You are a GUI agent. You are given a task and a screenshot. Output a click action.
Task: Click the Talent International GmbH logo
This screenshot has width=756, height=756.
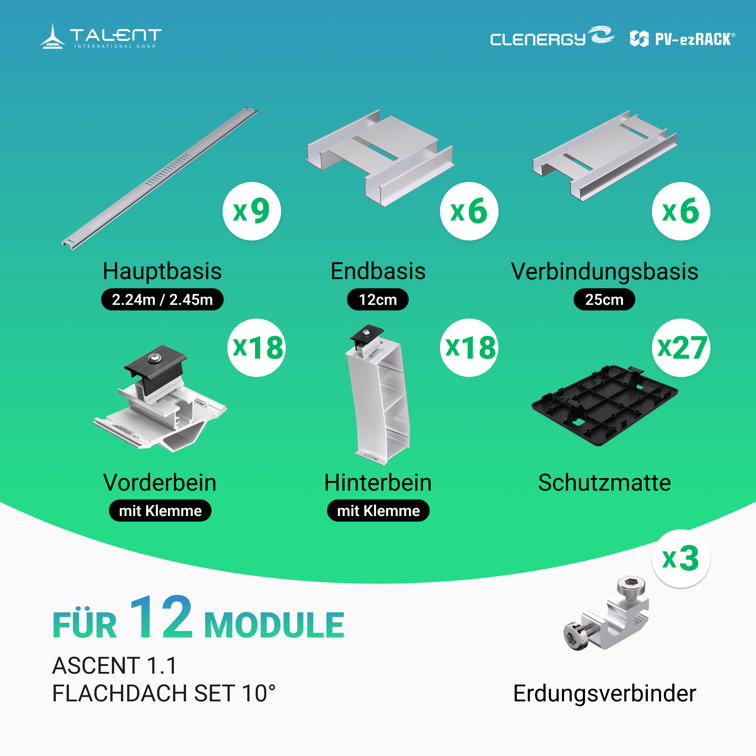(100, 37)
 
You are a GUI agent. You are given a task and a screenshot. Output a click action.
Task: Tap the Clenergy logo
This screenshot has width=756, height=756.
(552, 37)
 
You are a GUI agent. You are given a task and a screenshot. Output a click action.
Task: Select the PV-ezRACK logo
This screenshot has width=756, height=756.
(683, 39)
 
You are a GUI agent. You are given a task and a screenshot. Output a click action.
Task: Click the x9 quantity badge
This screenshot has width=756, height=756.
(252, 211)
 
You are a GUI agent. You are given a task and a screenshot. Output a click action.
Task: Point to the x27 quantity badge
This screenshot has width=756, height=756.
(681, 347)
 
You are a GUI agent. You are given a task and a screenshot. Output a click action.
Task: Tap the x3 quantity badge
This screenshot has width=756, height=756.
(681, 559)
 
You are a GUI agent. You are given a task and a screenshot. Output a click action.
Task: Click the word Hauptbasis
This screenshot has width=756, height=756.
(162, 271)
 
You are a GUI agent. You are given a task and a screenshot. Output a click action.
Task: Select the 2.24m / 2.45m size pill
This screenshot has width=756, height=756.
(162, 299)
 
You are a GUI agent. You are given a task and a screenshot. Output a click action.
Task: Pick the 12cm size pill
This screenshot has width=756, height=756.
(378, 299)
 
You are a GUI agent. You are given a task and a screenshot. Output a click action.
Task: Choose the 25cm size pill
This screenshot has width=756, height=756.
(604, 299)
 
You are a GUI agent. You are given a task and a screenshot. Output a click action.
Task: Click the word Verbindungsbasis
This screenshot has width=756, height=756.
(605, 271)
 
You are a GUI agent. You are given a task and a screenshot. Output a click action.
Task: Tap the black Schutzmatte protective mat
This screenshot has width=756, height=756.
(605, 405)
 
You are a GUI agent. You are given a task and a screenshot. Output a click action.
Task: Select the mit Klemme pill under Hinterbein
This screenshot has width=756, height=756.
(378, 511)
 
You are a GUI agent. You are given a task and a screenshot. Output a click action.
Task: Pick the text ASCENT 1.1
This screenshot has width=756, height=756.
(115, 666)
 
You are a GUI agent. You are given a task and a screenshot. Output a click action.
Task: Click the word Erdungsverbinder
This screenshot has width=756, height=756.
(605, 694)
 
